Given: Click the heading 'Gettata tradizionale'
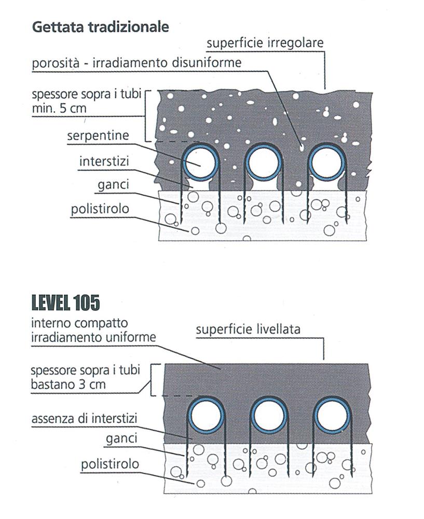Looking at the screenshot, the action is click(101, 27).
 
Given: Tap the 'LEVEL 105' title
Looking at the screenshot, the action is click(65, 303).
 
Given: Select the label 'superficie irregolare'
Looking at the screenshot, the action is click(265, 44).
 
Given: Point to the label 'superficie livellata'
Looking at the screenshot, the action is click(248, 330).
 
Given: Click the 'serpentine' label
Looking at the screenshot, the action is click(98, 136).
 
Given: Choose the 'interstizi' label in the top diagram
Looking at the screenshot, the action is click(104, 162).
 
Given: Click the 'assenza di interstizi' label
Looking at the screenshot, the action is click(84, 419).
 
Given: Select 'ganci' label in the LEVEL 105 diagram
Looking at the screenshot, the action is click(121, 439).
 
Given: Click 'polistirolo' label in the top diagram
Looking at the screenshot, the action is click(100, 209).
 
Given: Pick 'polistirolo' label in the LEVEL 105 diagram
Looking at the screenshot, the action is click(110, 465).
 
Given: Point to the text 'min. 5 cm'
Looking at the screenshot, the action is click(59, 109).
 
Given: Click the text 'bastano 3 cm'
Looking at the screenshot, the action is click(68, 385).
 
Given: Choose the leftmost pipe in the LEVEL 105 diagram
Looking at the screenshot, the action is click(206, 416).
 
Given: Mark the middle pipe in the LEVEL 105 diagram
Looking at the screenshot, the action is click(269, 416).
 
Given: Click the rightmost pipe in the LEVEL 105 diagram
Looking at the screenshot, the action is click(332, 416).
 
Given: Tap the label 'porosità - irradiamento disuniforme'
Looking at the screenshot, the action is click(136, 63).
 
